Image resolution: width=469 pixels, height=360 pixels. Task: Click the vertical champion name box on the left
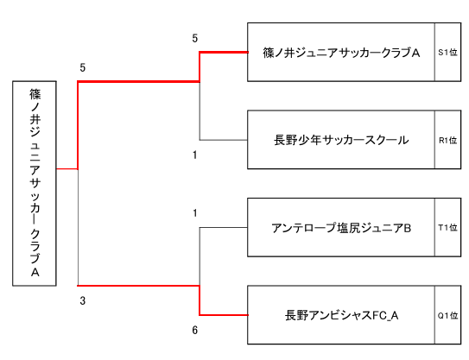point(35,183)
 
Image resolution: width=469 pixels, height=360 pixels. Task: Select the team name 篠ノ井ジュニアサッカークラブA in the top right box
point(341,53)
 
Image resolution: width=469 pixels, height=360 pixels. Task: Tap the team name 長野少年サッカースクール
point(341,140)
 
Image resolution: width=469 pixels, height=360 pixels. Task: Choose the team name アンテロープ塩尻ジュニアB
point(341,228)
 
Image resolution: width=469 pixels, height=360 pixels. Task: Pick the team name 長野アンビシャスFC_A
point(341,315)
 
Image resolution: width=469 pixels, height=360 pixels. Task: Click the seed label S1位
point(447,53)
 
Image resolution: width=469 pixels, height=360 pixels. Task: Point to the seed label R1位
point(447,140)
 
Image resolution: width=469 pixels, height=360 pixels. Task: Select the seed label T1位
point(447,228)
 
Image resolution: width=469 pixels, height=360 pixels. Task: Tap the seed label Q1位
point(447,315)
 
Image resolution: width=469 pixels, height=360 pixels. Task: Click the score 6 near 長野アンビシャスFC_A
point(194,330)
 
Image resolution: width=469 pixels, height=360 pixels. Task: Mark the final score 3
point(83,300)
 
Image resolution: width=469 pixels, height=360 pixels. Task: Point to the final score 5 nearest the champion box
point(83,68)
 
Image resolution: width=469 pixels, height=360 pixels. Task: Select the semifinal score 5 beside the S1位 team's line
point(194,38)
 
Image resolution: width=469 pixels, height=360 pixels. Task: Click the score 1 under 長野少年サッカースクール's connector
point(194,155)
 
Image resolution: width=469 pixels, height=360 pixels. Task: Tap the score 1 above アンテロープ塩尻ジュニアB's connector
point(194,213)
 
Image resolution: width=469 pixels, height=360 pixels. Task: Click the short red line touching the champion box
point(67,169)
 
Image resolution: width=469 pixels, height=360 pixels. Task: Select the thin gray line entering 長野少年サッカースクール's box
point(224,140)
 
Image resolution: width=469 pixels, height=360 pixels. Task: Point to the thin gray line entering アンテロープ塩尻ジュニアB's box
point(224,228)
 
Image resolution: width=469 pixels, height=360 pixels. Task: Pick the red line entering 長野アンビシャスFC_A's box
point(224,315)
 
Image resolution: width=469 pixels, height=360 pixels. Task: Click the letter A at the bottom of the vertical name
point(35,273)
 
